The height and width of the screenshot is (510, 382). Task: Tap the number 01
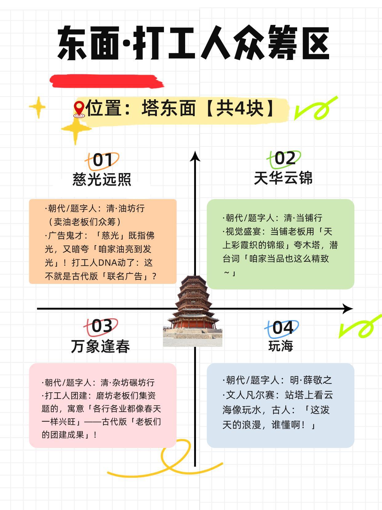[x=102, y=160]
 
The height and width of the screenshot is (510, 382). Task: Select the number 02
[x=285, y=158]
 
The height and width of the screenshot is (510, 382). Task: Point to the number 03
[x=101, y=326]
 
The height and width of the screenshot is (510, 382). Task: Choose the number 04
[x=283, y=328]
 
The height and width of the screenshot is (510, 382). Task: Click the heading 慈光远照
[x=102, y=179]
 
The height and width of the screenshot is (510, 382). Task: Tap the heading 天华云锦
[x=283, y=178]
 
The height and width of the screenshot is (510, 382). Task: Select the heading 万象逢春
[x=100, y=346]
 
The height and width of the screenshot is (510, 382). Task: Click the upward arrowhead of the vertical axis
[x=195, y=156]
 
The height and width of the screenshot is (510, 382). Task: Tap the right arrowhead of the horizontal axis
[x=348, y=308]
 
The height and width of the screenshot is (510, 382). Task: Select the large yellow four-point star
[x=76, y=129]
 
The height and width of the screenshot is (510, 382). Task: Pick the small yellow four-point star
[x=38, y=107]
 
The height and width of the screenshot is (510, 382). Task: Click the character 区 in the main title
[x=315, y=43]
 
